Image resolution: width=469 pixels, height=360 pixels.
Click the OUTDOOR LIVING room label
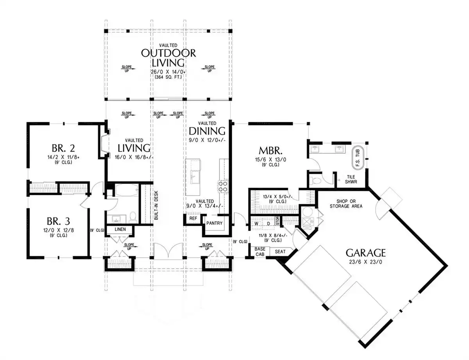pos(168,58)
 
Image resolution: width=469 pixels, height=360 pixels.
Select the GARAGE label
pos(365,253)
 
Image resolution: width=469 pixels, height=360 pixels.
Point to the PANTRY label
pos(214,223)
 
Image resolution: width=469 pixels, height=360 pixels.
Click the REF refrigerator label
pos(193,218)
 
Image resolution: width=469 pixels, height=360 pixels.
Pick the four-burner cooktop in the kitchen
pos(223,187)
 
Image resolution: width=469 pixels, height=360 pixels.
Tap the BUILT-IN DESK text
pos(156,205)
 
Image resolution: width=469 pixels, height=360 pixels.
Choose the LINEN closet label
pos(120,229)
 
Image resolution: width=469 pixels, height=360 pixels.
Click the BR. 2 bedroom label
pos(63,148)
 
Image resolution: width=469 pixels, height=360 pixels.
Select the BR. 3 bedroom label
pos(58,221)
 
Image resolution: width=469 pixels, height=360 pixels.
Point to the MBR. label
pos(270,151)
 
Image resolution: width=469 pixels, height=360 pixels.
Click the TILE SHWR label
pos(351,179)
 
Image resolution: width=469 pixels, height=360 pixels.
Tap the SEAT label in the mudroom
pos(280,251)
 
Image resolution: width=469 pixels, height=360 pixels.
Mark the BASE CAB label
pos(260,251)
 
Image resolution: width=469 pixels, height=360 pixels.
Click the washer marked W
pos(256,224)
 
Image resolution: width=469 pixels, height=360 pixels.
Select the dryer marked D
pos(269,224)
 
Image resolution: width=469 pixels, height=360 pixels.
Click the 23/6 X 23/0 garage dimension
pos(365,262)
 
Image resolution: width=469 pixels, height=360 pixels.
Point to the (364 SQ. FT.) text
pos(168,77)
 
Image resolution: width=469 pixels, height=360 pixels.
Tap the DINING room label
pos(207,131)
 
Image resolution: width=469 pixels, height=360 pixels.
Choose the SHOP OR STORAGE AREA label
pos(346,204)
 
